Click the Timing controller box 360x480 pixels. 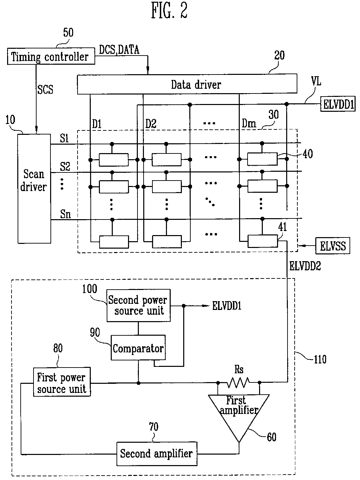51,56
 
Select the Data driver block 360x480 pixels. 187,84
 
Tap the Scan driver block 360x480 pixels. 34,188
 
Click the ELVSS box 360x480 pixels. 333,246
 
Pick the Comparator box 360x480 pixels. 138,348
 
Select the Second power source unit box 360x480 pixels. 139,306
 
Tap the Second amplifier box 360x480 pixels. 157,454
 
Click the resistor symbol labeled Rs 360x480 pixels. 238,382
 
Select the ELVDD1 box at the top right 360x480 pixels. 338,104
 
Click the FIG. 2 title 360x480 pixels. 169,11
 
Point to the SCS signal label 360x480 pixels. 45,89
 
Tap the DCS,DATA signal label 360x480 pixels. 119,50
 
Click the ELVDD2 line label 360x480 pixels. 305,266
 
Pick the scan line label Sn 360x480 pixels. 66,214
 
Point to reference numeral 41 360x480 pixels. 282,227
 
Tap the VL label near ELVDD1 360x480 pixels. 316,81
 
